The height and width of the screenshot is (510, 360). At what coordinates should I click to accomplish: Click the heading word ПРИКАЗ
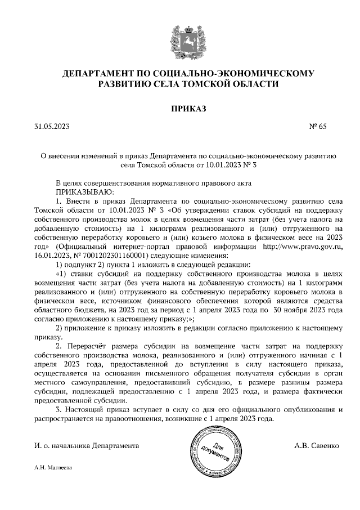pos(181,108)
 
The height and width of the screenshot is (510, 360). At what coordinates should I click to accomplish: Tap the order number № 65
pos(318,127)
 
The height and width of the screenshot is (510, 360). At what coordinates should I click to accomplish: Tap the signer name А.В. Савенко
pos(316,445)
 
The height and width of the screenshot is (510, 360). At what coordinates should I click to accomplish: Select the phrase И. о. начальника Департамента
pos(87,445)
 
